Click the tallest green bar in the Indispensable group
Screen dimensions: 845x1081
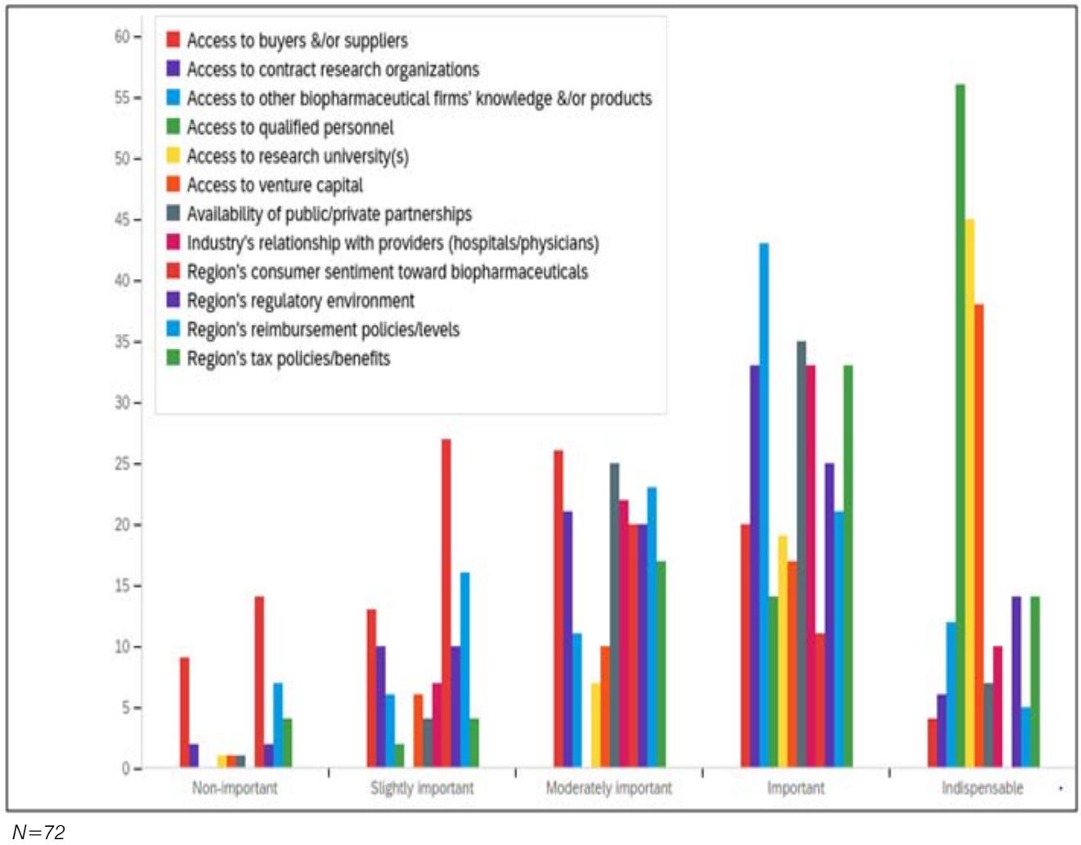tap(960, 425)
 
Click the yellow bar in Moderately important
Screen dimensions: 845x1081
tap(595, 725)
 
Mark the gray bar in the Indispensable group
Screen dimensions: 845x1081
tap(988, 725)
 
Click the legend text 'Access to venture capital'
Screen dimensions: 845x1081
tap(275, 186)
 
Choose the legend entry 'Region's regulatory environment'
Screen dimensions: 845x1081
tap(300, 301)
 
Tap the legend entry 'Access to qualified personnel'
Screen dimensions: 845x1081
tap(289, 128)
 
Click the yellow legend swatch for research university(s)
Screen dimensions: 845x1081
tap(173, 155)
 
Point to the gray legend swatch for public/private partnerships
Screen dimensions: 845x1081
tap(173, 213)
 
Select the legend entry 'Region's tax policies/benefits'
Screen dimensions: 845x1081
tap(288, 359)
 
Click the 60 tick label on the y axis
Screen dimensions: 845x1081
tap(122, 36)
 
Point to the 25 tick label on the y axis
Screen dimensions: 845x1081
tap(122, 464)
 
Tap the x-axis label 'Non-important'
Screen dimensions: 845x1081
tap(235, 788)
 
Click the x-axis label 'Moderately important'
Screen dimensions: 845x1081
tap(608, 788)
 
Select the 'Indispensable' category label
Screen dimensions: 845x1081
tap(982, 788)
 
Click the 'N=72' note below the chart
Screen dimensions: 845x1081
tap(38, 832)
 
